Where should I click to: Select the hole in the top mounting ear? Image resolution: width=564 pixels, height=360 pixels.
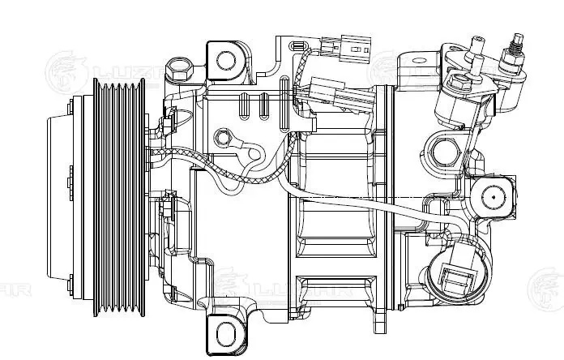(226, 58)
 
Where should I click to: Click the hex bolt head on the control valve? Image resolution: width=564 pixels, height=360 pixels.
(457, 83)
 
